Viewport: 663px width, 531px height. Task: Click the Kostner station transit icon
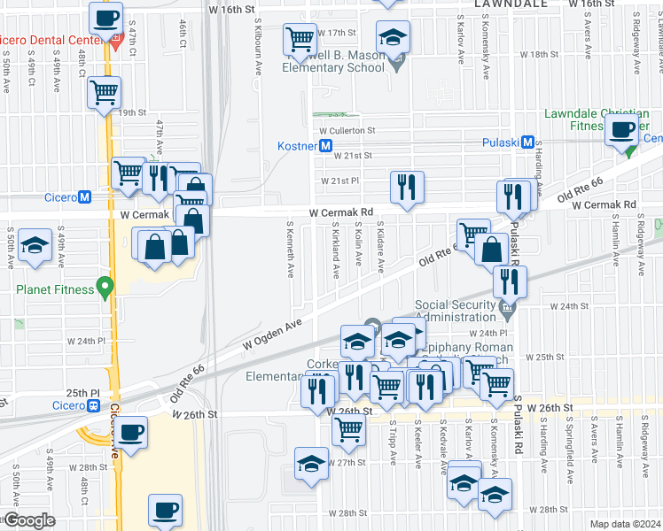pos(326,145)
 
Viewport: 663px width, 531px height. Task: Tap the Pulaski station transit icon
pos(527,142)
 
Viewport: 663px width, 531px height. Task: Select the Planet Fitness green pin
pos(105,287)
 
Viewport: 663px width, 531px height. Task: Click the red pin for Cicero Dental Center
pos(116,39)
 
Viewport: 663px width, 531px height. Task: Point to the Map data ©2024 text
pos(625,524)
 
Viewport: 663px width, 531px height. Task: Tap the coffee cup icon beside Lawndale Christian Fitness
pos(621,129)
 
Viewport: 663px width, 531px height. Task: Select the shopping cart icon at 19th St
pos(105,91)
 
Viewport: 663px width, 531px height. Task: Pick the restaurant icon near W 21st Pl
pos(407,187)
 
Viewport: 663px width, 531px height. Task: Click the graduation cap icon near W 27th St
pos(311,465)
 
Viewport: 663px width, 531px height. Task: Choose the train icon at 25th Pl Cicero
pos(93,405)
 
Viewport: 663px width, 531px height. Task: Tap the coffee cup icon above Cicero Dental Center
pos(105,16)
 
